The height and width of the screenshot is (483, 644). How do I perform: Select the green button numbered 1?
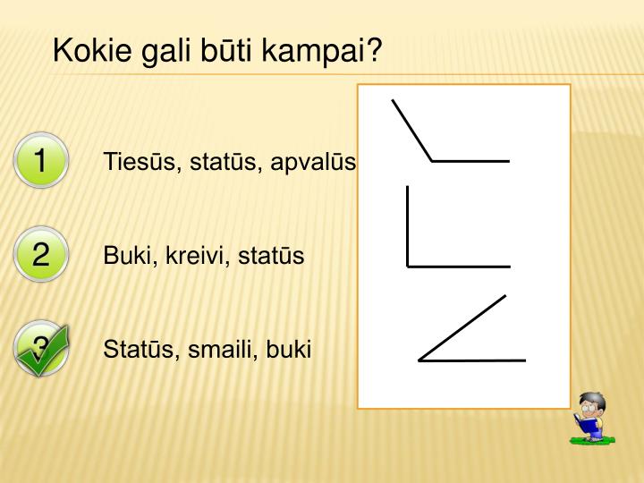40,162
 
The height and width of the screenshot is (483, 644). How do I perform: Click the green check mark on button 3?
40,351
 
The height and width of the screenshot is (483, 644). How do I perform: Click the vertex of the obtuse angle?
433,161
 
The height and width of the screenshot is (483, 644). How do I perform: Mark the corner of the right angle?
408,266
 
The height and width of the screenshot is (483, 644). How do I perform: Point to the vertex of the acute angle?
419,360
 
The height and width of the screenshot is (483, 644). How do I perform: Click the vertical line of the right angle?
408,224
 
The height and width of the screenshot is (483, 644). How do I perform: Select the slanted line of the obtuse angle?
412,131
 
